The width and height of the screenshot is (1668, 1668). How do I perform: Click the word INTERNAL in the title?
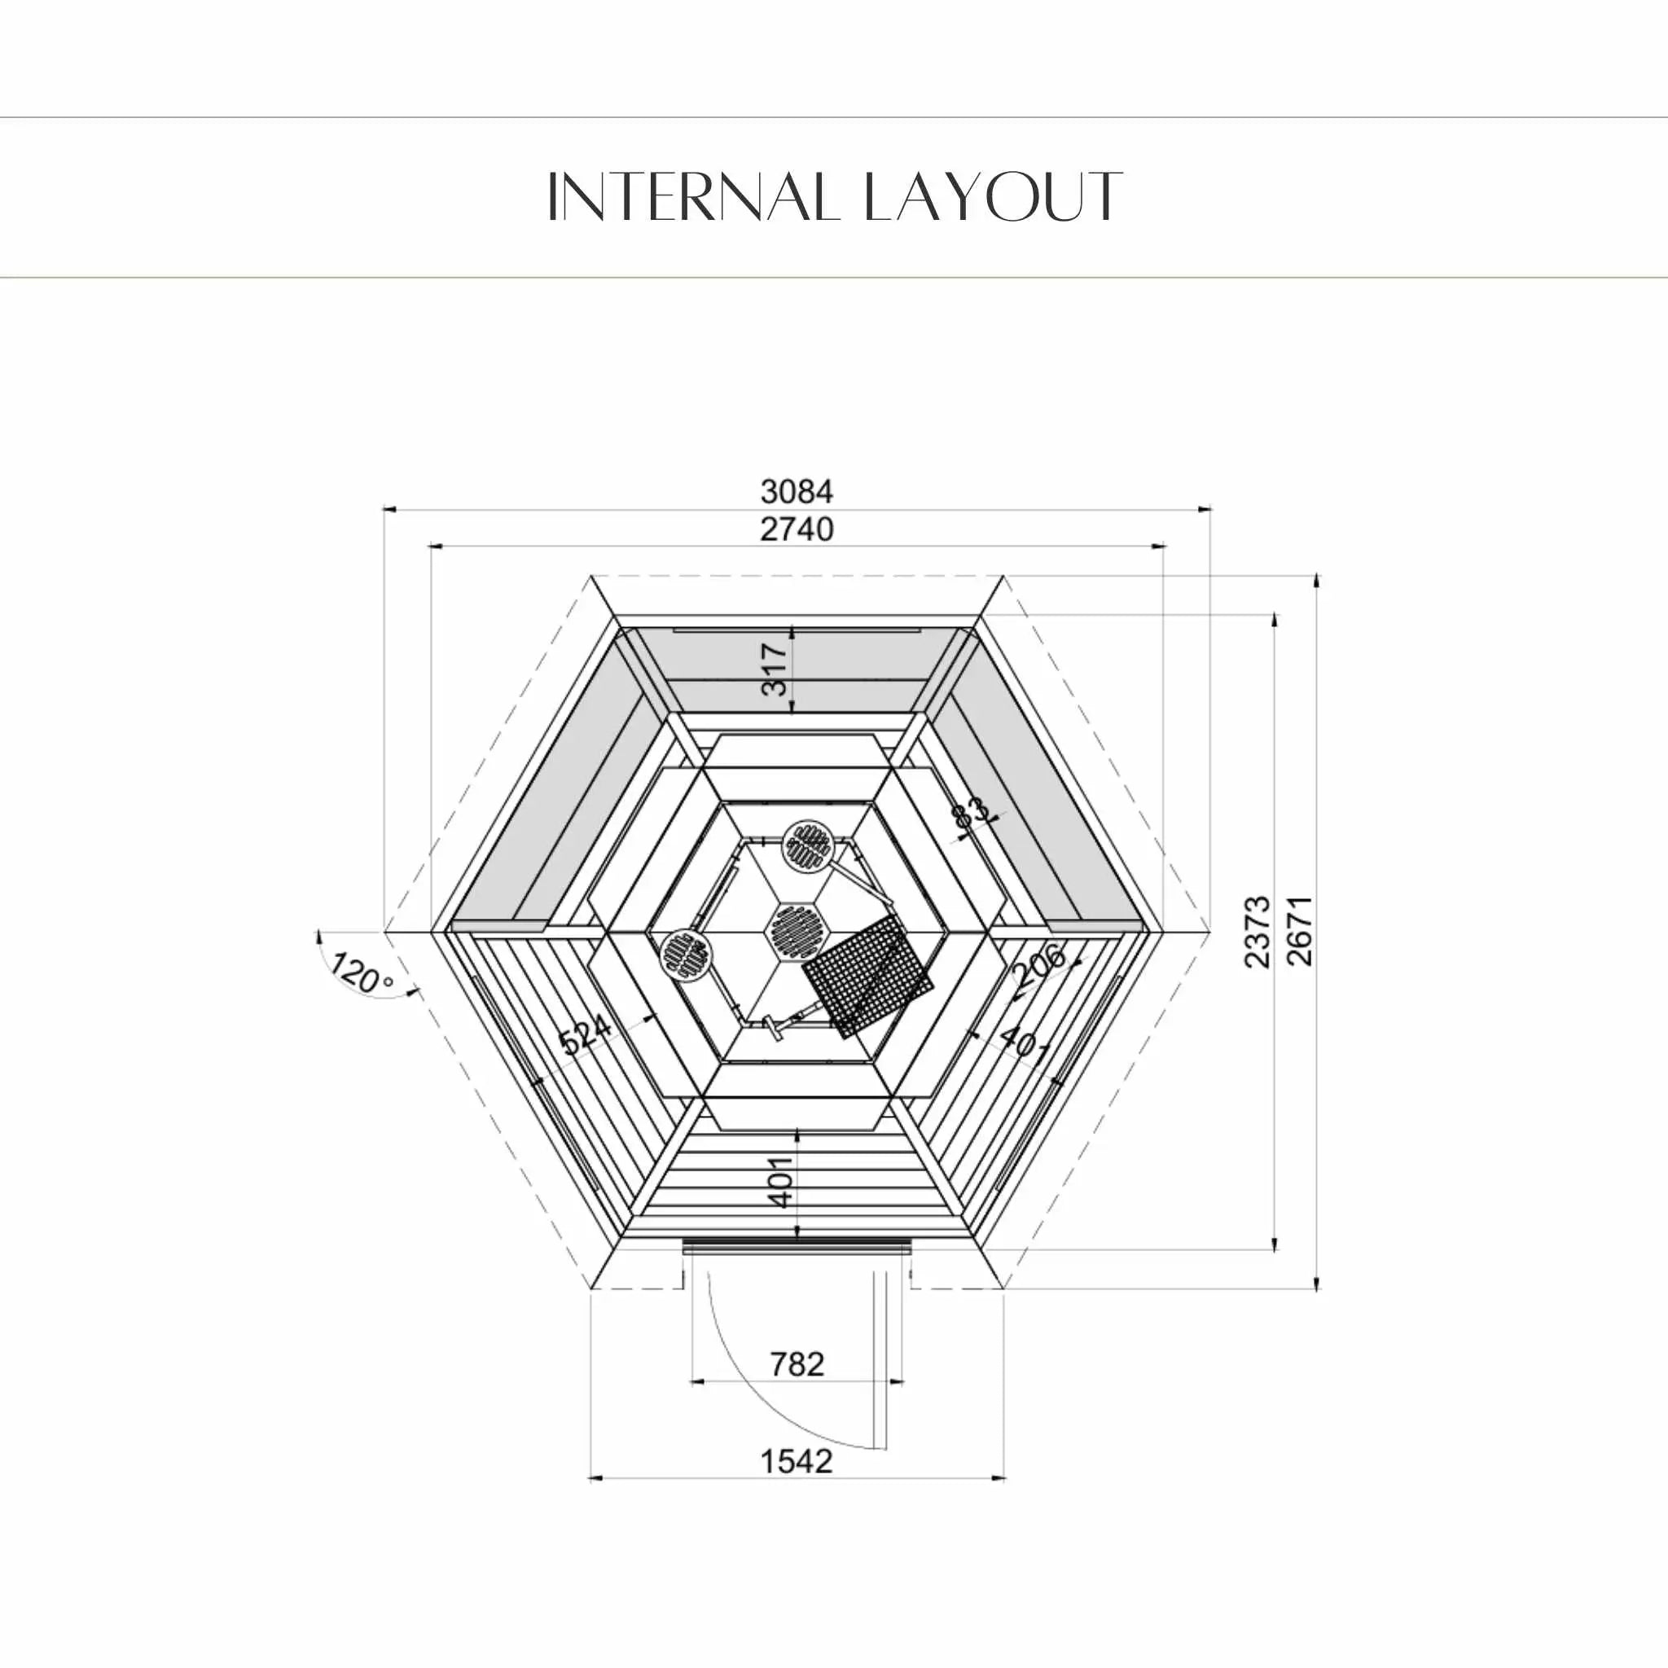click(x=693, y=196)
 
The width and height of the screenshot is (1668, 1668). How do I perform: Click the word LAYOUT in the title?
click(x=993, y=196)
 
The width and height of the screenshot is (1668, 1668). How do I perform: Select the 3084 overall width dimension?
click(x=797, y=491)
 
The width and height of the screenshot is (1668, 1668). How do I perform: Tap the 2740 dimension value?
click(x=797, y=529)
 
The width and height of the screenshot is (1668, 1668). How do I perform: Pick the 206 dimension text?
click(x=1038, y=965)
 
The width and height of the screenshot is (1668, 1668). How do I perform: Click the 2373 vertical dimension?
click(x=1258, y=932)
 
